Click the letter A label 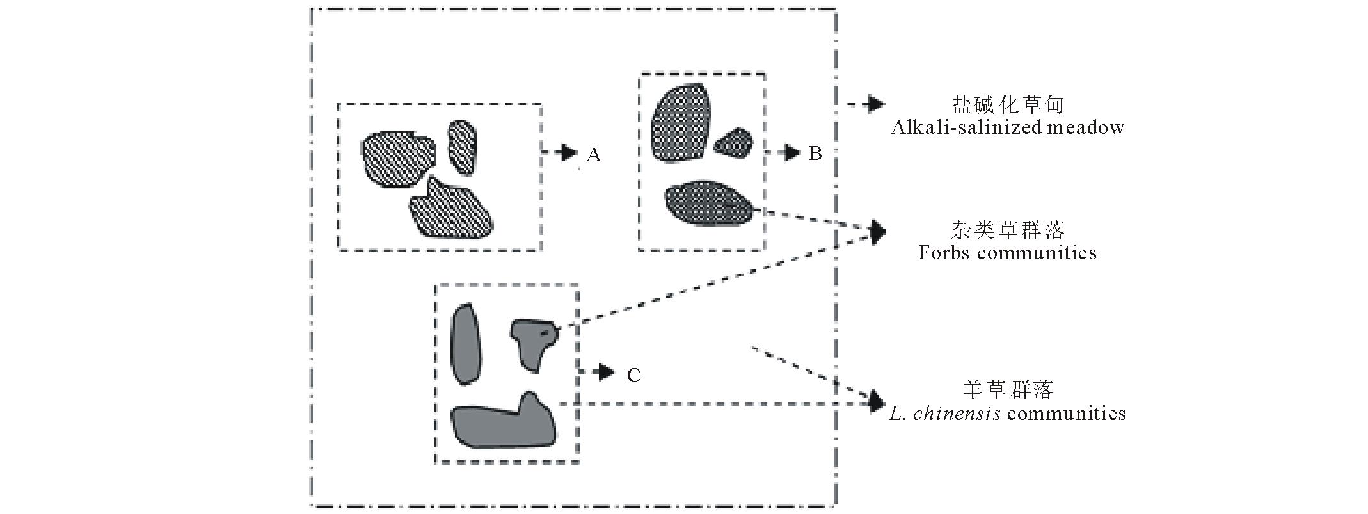pyautogui.click(x=594, y=155)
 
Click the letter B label pyautogui.click(x=815, y=154)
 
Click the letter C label pyautogui.click(x=633, y=375)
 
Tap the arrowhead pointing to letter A pyautogui.click(x=568, y=152)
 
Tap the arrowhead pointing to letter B pyautogui.click(x=792, y=153)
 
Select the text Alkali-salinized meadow pyautogui.click(x=1007, y=127)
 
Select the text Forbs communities pyautogui.click(x=1007, y=252)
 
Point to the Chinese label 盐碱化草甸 pyautogui.click(x=1007, y=104)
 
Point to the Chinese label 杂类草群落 pyautogui.click(x=1007, y=229)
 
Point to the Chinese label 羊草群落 pyautogui.click(x=1007, y=389)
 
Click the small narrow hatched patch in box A pyautogui.click(x=461, y=147)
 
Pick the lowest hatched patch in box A pyautogui.click(x=451, y=210)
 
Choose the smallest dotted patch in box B pyautogui.click(x=733, y=143)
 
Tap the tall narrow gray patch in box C pyautogui.click(x=465, y=344)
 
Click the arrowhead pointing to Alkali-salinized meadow pyautogui.click(x=875, y=104)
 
